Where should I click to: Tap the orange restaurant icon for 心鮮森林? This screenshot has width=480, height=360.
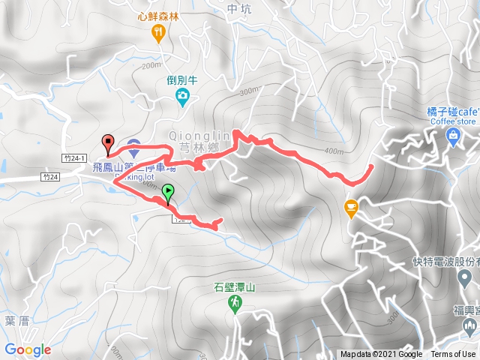157,31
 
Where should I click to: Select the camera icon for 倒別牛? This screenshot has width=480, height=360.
181,95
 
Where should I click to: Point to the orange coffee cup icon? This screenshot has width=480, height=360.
351,207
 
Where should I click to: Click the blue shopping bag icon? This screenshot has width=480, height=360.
452,135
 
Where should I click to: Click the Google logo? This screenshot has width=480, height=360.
28,349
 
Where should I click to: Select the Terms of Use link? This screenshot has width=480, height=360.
452,355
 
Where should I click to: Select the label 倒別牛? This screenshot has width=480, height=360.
181,79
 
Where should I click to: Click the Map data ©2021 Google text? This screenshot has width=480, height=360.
381,355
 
